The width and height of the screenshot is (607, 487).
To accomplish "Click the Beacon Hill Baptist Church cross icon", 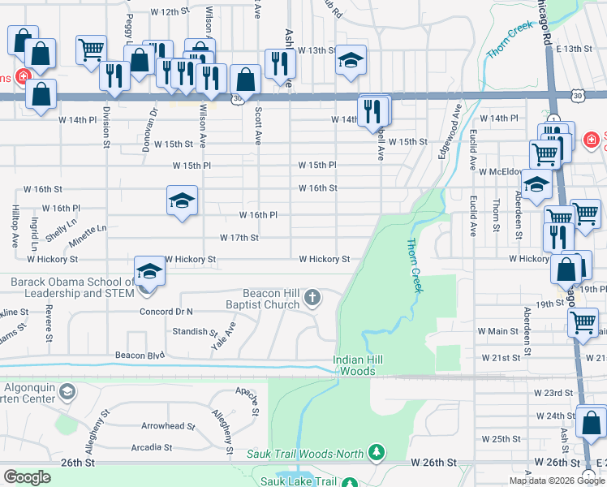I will pos(312,300).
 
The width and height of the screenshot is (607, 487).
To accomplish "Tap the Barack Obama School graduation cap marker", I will pos(149,271).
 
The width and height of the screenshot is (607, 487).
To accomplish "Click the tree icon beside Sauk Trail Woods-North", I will pos(376,451).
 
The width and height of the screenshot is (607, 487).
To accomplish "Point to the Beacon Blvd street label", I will pos(140,356).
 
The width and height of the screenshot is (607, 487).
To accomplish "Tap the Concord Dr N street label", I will pos(166,311).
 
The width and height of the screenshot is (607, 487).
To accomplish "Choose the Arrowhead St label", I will pos(168,425).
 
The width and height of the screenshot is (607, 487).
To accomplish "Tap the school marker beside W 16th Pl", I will pos(183,200).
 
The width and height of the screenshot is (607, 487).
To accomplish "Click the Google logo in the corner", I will pos(27,477).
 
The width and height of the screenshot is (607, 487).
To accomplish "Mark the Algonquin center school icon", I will pos(69,394).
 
